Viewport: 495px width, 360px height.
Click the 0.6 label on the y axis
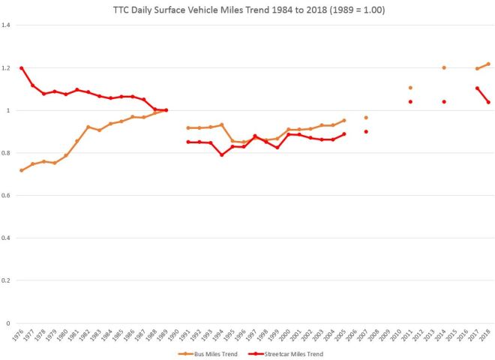[x=7, y=196]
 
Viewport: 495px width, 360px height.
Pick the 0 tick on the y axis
[x=9, y=323]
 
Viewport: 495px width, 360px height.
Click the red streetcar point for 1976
[x=21, y=68]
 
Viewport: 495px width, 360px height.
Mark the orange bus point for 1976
[x=21, y=170]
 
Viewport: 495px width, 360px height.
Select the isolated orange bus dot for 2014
[x=444, y=67]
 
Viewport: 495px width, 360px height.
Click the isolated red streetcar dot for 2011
[x=410, y=102]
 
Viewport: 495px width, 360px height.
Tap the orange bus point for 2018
[x=488, y=64]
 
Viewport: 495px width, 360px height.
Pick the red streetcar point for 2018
[x=488, y=102]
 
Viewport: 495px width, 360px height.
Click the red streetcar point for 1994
[x=221, y=154]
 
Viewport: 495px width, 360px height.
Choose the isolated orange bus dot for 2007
[x=366, y=118]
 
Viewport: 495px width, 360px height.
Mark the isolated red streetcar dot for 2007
[x=366, y=132]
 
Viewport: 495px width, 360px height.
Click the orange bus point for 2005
[x=343, y=120]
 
